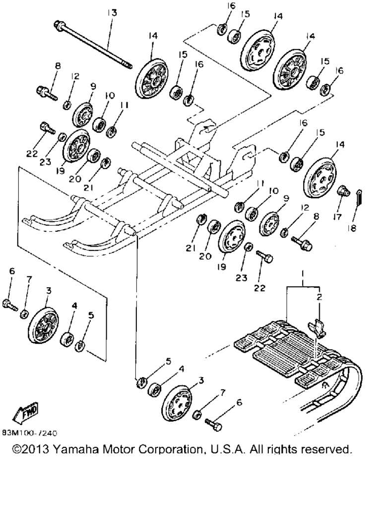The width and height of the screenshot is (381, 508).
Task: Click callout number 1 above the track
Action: coord(303,274)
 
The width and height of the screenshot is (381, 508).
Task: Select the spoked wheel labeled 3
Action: coord(43,325)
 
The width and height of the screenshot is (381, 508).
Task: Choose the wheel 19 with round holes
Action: coord(232,241)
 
